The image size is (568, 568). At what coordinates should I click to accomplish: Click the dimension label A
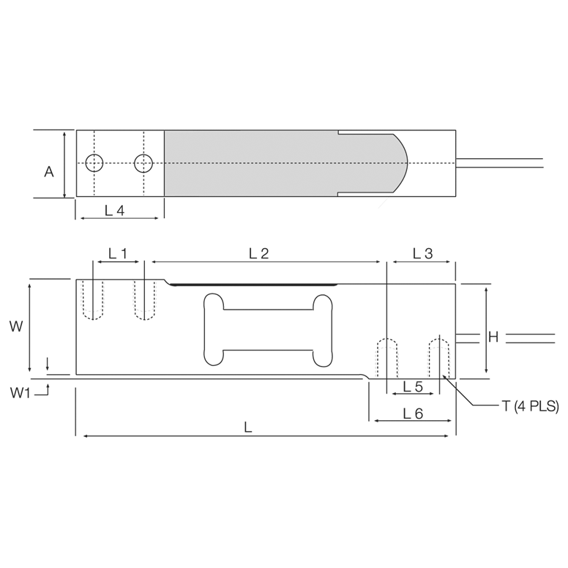(49, 172)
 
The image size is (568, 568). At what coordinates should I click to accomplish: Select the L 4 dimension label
(114, 211)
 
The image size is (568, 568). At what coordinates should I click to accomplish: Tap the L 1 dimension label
(118, 254)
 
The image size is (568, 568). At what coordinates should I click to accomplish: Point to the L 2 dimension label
(259, 254)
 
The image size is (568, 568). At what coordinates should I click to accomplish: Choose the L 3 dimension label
(422, 254)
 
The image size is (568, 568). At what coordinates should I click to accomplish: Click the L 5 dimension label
(414, 386)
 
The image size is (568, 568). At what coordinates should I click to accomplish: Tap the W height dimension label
(15, 326)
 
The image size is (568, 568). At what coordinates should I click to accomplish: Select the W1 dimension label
(21, 393)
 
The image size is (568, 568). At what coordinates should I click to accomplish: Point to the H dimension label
(493, 337)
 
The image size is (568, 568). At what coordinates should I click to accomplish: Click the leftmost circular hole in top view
(94, 163)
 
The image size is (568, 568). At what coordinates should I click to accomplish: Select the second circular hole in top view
(143, 163)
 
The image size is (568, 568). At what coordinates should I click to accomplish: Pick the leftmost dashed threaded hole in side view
(93, 300)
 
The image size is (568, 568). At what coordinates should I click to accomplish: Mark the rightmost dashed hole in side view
(439, 356)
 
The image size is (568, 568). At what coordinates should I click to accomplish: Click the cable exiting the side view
(512, 337)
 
